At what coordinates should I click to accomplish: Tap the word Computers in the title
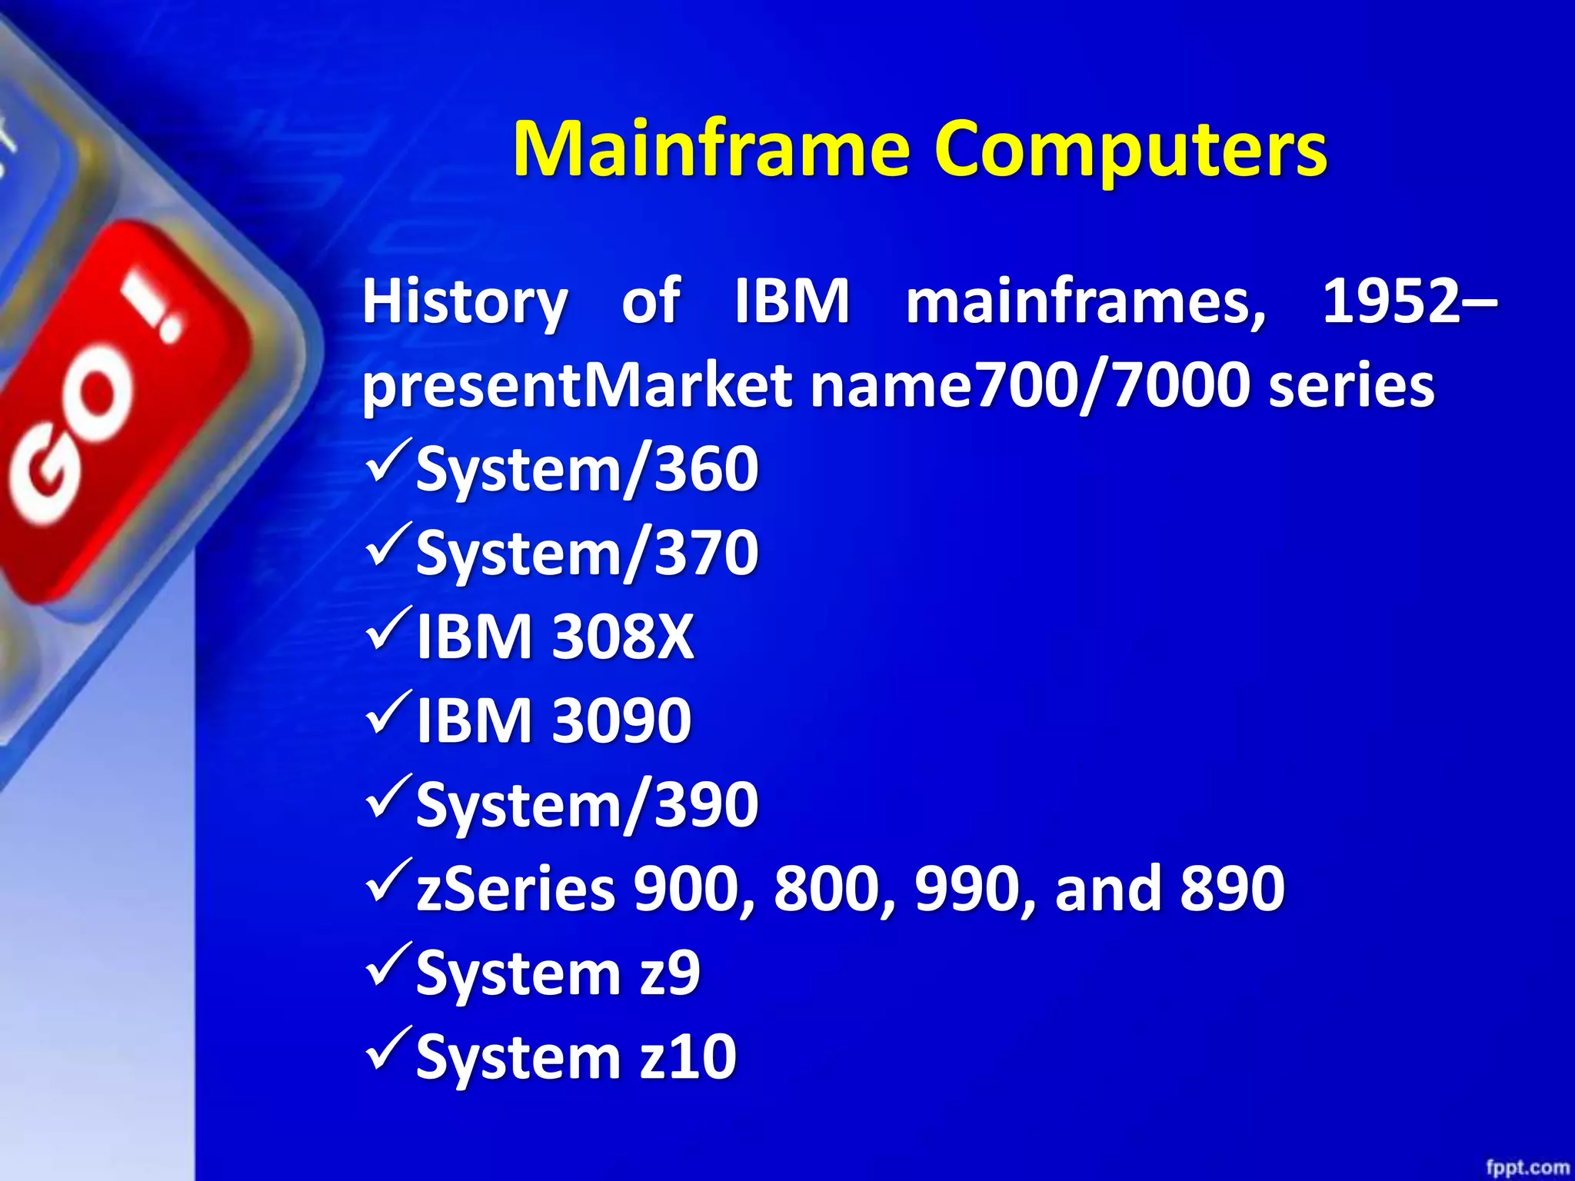click(1130, 150)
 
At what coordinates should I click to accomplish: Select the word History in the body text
click(465, 302)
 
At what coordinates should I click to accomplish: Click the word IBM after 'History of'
click(792, 301)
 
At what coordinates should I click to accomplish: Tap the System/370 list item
click(587, 552)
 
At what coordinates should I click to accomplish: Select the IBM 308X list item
click(554, 637)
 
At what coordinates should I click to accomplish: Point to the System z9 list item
click(558, 973)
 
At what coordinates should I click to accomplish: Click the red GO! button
click(115, 415)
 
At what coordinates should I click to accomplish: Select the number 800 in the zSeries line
click(827, 888)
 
